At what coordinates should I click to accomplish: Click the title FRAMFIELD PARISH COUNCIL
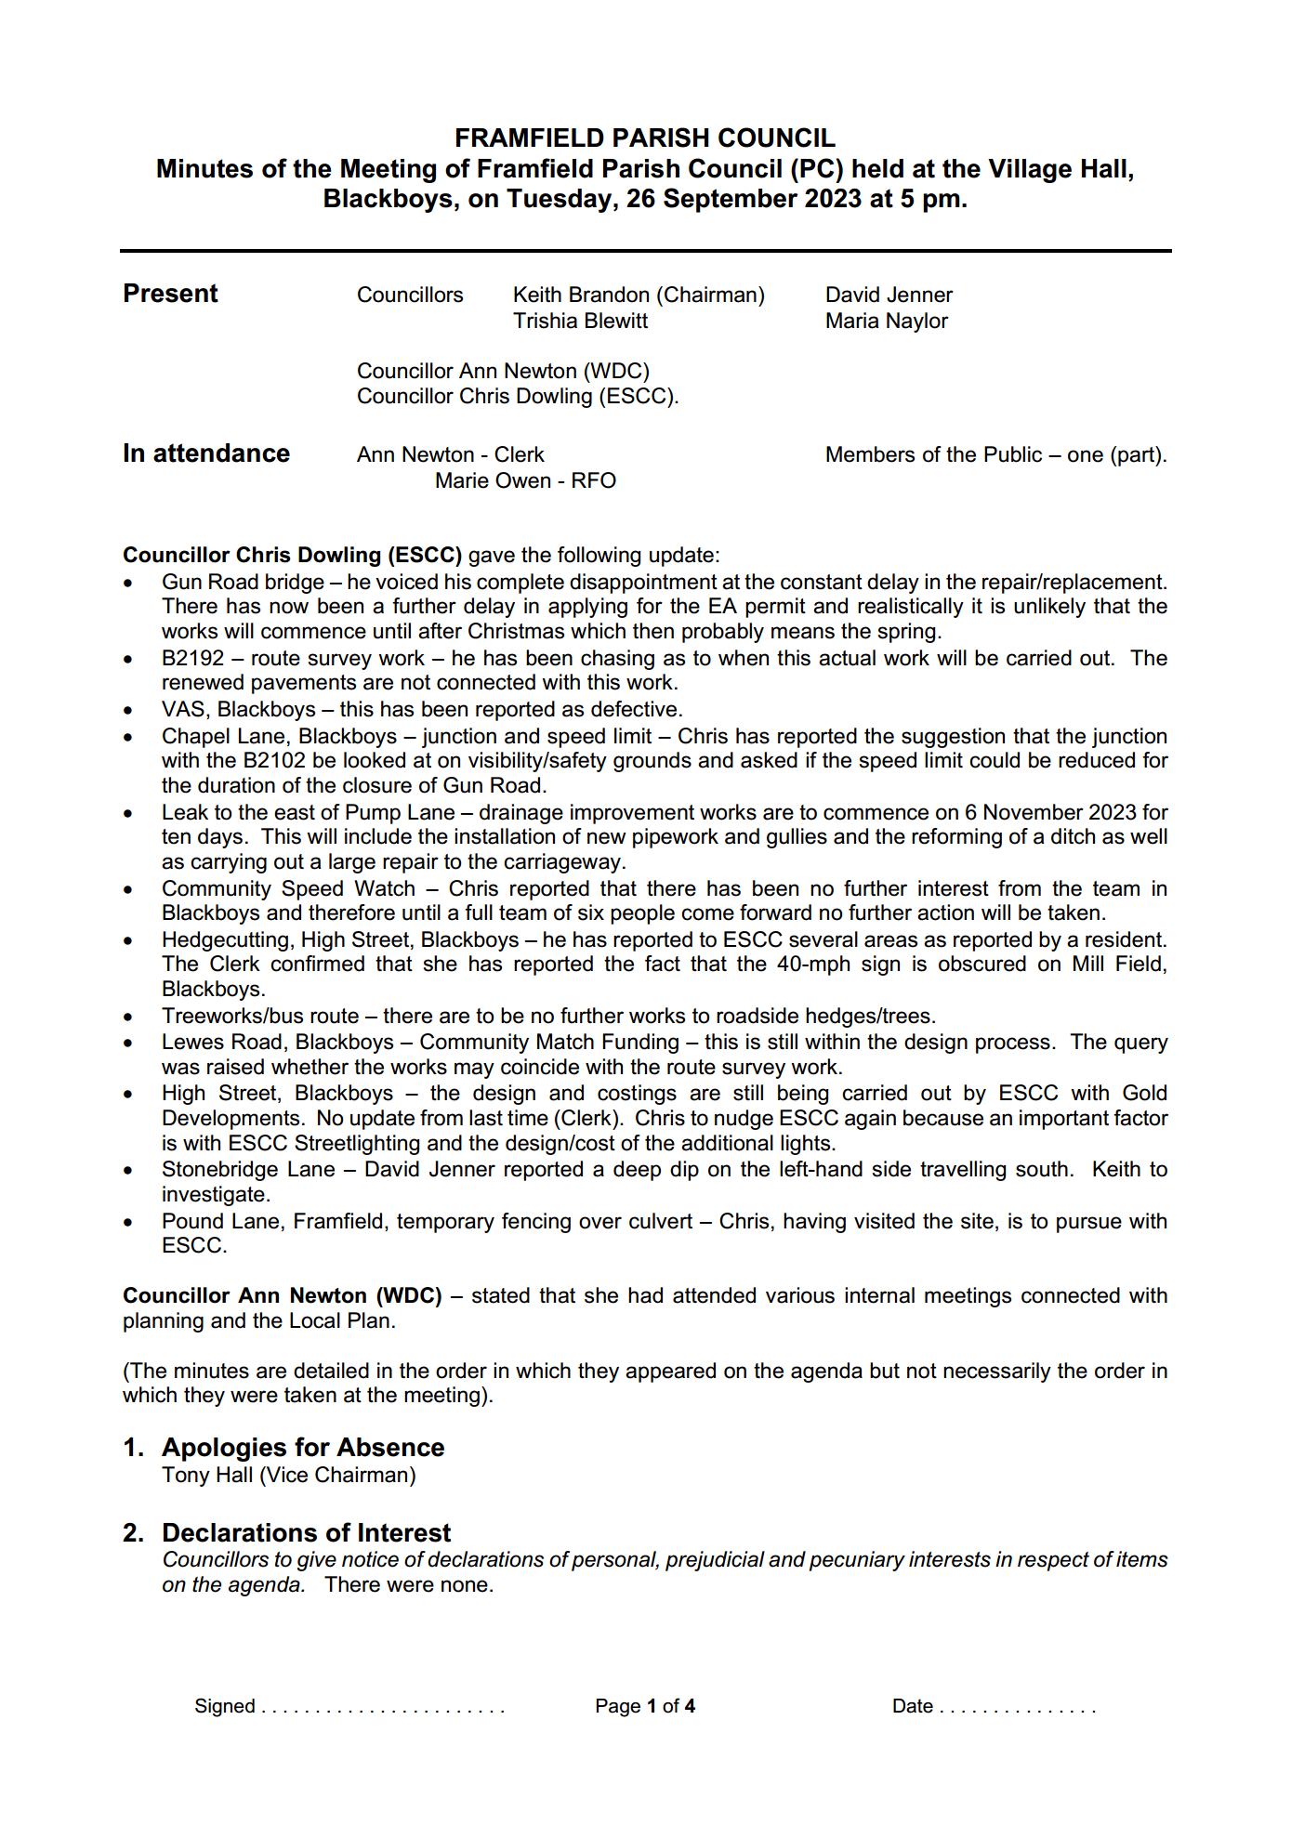point(645,138)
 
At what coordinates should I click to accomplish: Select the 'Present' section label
point(170,294)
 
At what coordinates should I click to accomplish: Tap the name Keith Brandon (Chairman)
point(639,295)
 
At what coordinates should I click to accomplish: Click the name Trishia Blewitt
point(580,321)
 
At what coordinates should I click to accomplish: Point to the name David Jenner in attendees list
point(889,295)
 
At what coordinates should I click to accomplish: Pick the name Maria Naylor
point(886,321)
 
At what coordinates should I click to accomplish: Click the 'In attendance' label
point(206,453)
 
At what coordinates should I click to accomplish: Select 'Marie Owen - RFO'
point(525,480)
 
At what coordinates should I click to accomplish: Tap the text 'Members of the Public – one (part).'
point(995,454)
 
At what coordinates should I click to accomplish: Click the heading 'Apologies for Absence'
point(302,1447)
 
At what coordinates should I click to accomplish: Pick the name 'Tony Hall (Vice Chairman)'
point(288,1475)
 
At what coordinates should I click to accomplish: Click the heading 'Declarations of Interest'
point(306,1532)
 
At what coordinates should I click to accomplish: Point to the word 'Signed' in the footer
point(224,1705)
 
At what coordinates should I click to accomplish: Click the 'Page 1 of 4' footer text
point(645,1705)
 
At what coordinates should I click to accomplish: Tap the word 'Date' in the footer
point(912,1705)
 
